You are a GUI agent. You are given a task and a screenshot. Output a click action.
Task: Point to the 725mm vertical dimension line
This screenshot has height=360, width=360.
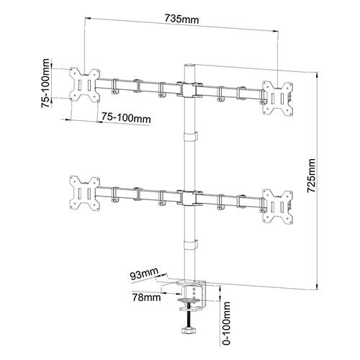pos(322,216)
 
